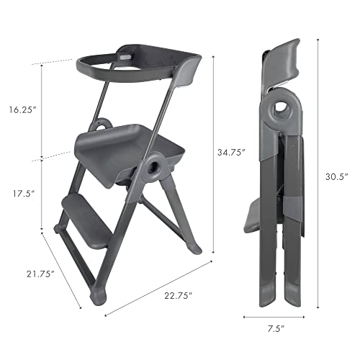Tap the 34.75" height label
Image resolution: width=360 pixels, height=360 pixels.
[x=233, y=153]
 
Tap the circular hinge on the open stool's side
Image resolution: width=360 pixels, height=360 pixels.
[x=153, y=170]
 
